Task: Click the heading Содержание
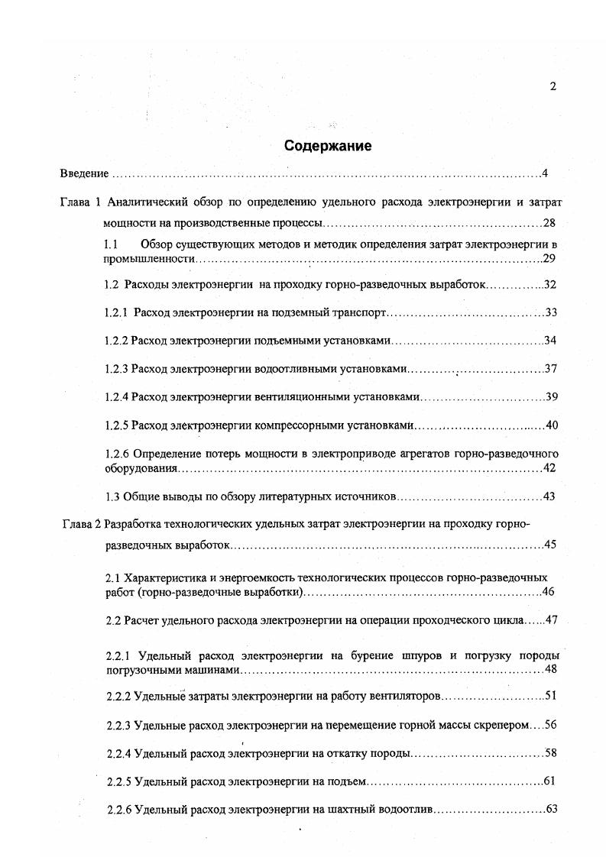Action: pyautogui.click(x=328, y=146)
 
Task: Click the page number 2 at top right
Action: pyautogui.click(x=553, y=86)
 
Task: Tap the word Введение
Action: pyautogui.click(x=84, y=173)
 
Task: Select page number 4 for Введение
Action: pyautogui.click(x=545, y=173)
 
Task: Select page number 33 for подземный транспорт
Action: pyautogui.click(x=551, y=313)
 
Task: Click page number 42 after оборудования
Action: pyautogui.click(x=549, y=468)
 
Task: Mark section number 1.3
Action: pyautogui.click(x=112, y=496)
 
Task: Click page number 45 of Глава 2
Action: pyautogui.click(x=551, y=545)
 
